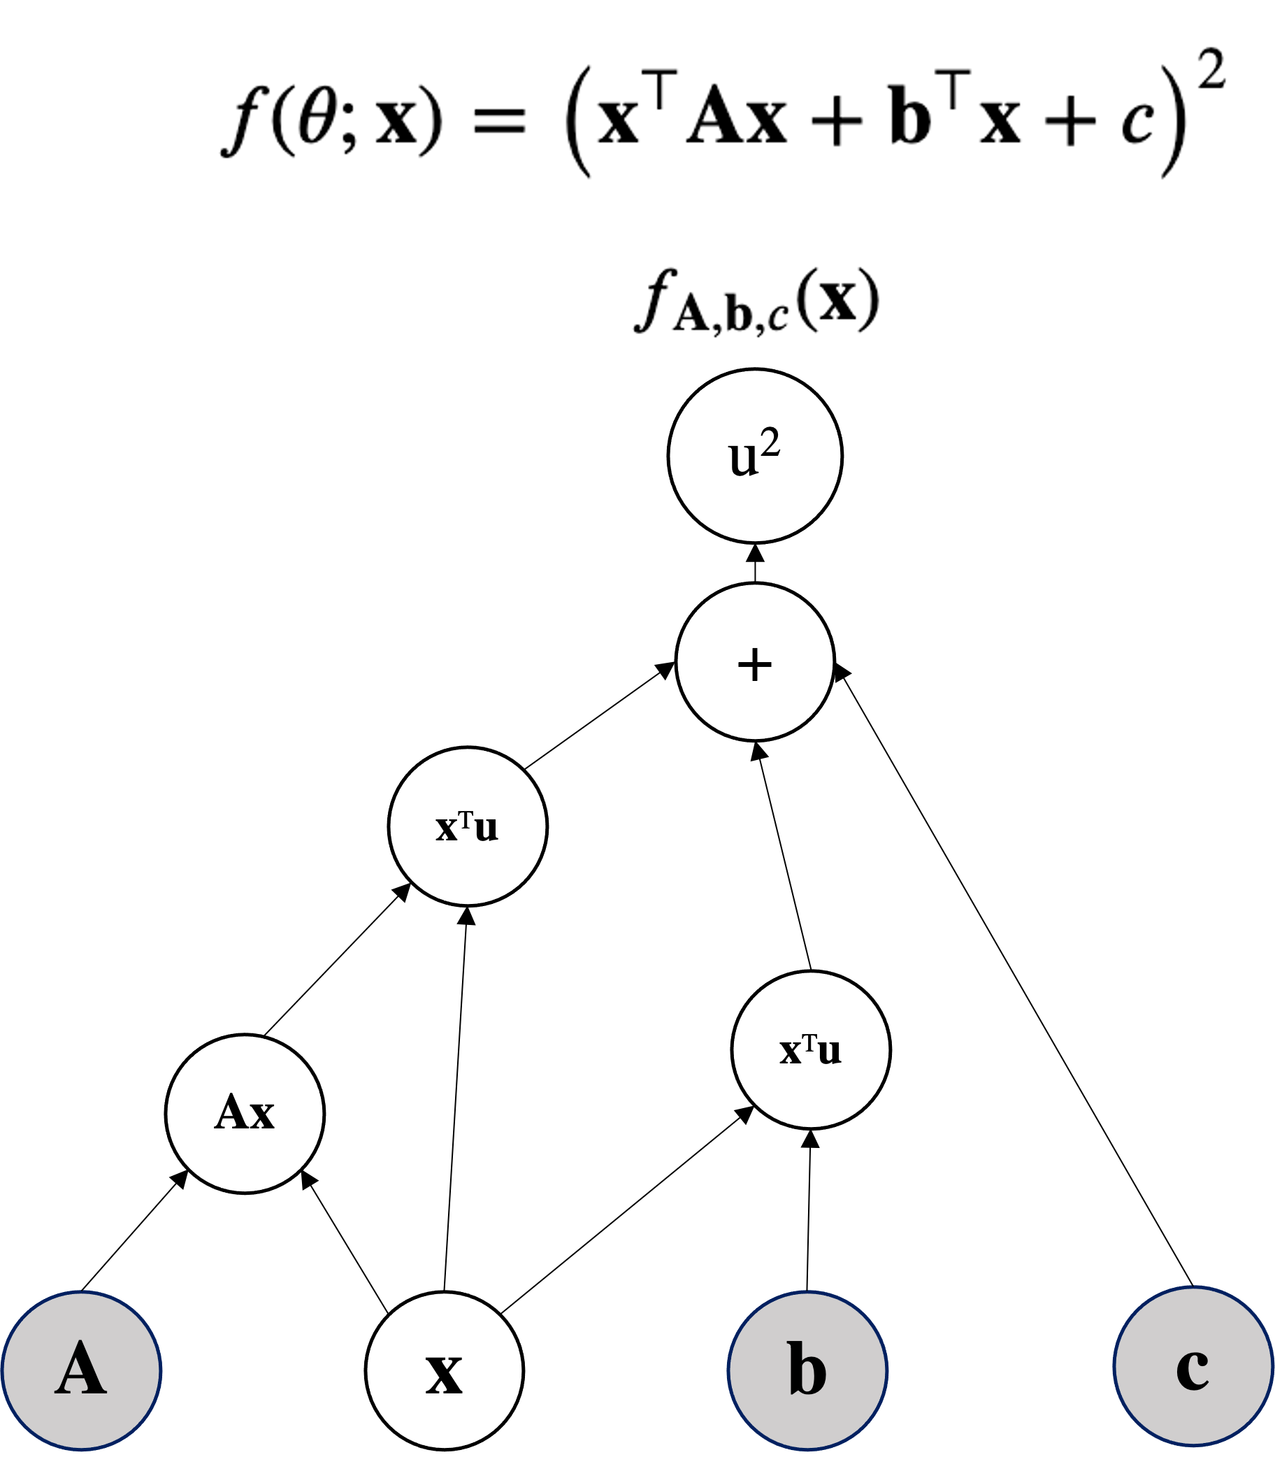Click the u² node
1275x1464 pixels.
pyautogui.click(x=755, y=456)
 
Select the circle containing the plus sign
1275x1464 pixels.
pyautogui.click(x=755, y=662)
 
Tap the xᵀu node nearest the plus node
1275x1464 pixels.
pyautogui.click(x=468, y=826)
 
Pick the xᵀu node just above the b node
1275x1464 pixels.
pyautogui.click(x=810, y=1050)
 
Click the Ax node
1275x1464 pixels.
pyautogui.click(x=245, y=1113)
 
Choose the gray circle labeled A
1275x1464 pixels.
pyautogui.click(x=82, y=1370)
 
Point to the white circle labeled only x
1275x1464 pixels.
pyautogui.click(x=445, y=1370)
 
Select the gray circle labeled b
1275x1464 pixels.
pyautogui.click(x=807, y=1370)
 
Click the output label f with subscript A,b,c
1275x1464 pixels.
pyautogui.click(x=759, y=301)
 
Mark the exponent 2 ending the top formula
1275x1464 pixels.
pyautogui.click(x=1211, y=72)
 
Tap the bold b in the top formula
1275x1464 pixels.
pyautogui.click(x=910, y=114)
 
